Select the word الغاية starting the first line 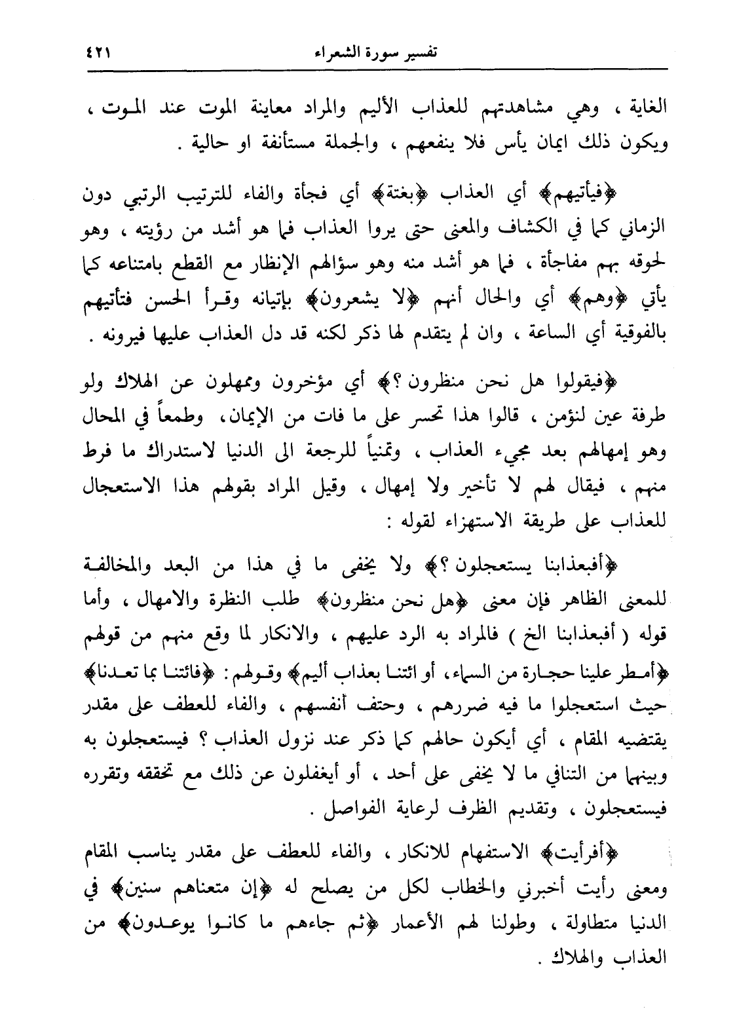pyautogui.click(x=643, y=107)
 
